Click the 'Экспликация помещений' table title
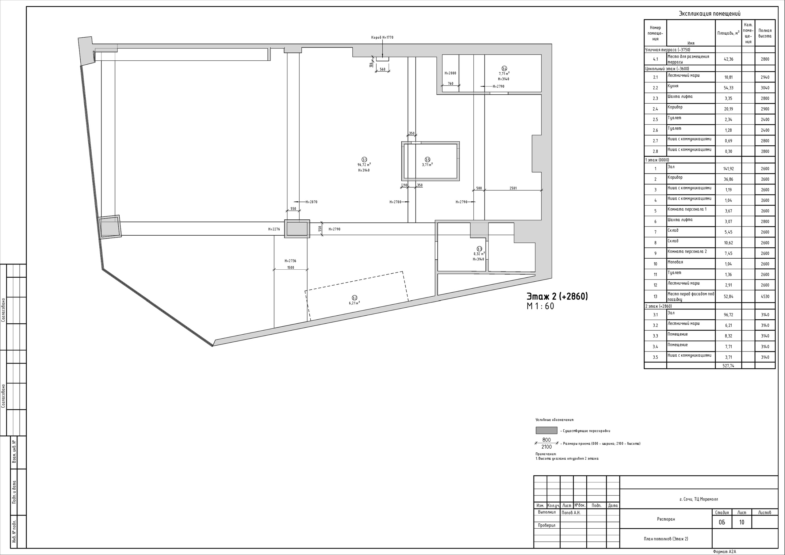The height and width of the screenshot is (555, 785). (x=710, y=14)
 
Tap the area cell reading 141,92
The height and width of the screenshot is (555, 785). (x=729, y=169)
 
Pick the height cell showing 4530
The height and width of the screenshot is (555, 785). (x=765, y=296)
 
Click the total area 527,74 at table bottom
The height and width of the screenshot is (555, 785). (x=729, y=366)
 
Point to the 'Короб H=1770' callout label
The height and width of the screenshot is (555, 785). (x=382, y=37)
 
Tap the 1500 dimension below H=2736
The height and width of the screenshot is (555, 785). (x=291, y=268)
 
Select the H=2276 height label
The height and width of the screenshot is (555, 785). (x=274, y=229)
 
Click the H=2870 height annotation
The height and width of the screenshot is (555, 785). (x=312, y=202)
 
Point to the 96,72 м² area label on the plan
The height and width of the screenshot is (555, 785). (x=364, y=165)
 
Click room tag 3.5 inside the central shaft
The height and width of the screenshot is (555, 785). (x=427, y=160)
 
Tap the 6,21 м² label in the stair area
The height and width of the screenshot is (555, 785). (x=354, y=303)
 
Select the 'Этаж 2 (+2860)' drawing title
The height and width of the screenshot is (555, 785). (x=557, y=296)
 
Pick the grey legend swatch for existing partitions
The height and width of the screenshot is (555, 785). (x=546, y=431)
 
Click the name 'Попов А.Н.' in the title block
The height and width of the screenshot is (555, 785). (x=571, y=513)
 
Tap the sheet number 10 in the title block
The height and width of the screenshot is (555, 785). (x=741, y=522)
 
